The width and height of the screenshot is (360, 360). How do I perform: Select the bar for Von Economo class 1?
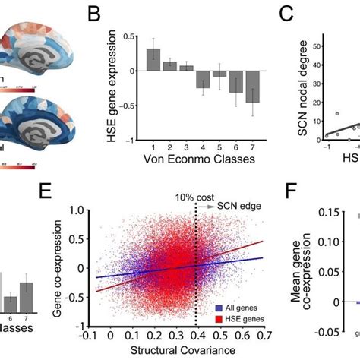[x=153, y=60]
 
